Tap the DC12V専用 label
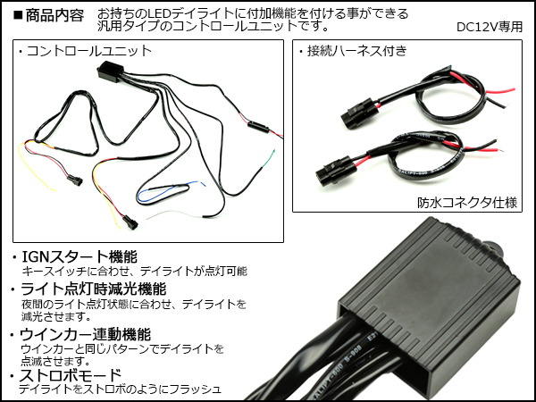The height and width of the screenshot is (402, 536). [489, 27]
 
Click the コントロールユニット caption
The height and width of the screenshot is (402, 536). [89, 51]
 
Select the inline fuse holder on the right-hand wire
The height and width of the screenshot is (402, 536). [259, 127]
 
